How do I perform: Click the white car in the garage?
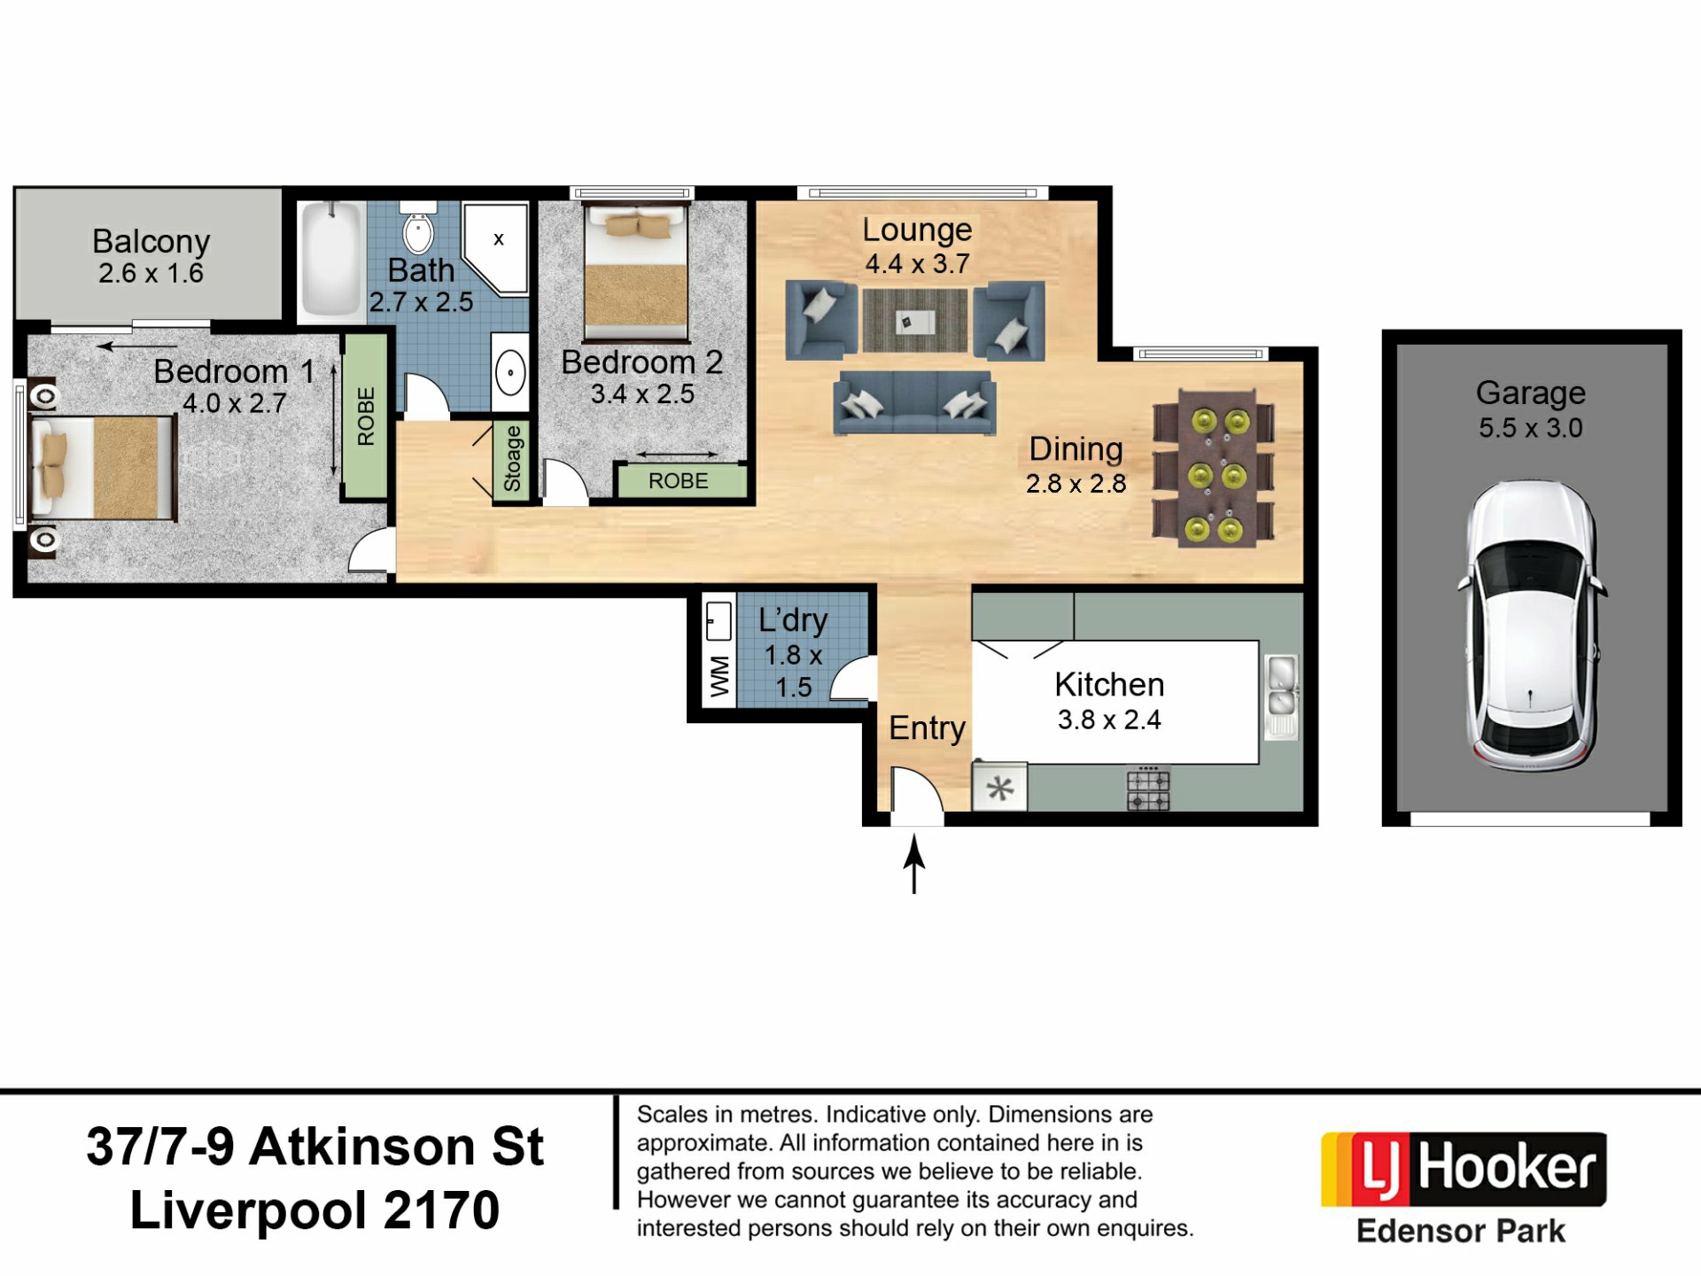(1530, 626)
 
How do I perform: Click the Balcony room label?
(151, 241)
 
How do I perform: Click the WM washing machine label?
(719, 677)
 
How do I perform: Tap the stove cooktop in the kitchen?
(1148, 789)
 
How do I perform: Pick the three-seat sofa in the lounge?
(915, 403)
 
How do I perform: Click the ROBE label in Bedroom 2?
(679, 481)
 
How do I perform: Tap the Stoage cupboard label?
(512, 459)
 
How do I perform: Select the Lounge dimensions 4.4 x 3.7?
(918, 263)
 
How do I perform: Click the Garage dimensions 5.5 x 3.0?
(1531, 428)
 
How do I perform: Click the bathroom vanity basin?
(510, 372)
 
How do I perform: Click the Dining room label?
(1076, 449)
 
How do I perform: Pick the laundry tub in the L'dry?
(718, 621)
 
